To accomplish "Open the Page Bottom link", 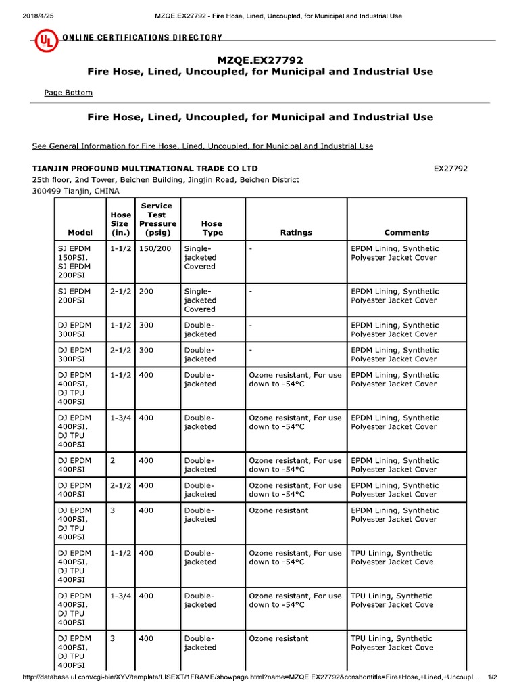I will point(68,93).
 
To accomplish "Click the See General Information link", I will point(202,146).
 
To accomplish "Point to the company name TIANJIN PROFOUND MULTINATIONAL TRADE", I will point(145,168).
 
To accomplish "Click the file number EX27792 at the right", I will point(450,168).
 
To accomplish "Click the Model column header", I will point(80,232).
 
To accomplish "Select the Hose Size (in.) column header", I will point(121,223).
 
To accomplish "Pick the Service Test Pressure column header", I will point(157,219).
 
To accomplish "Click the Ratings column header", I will point(296,232).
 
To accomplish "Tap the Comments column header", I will point(406,232).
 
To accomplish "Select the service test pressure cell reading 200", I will point(147,292).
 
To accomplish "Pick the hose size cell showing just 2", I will point(113,461).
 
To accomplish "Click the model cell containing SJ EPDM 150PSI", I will point(74,258).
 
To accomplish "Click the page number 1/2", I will point(492,677).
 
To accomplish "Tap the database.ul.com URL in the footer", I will point(250,677).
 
